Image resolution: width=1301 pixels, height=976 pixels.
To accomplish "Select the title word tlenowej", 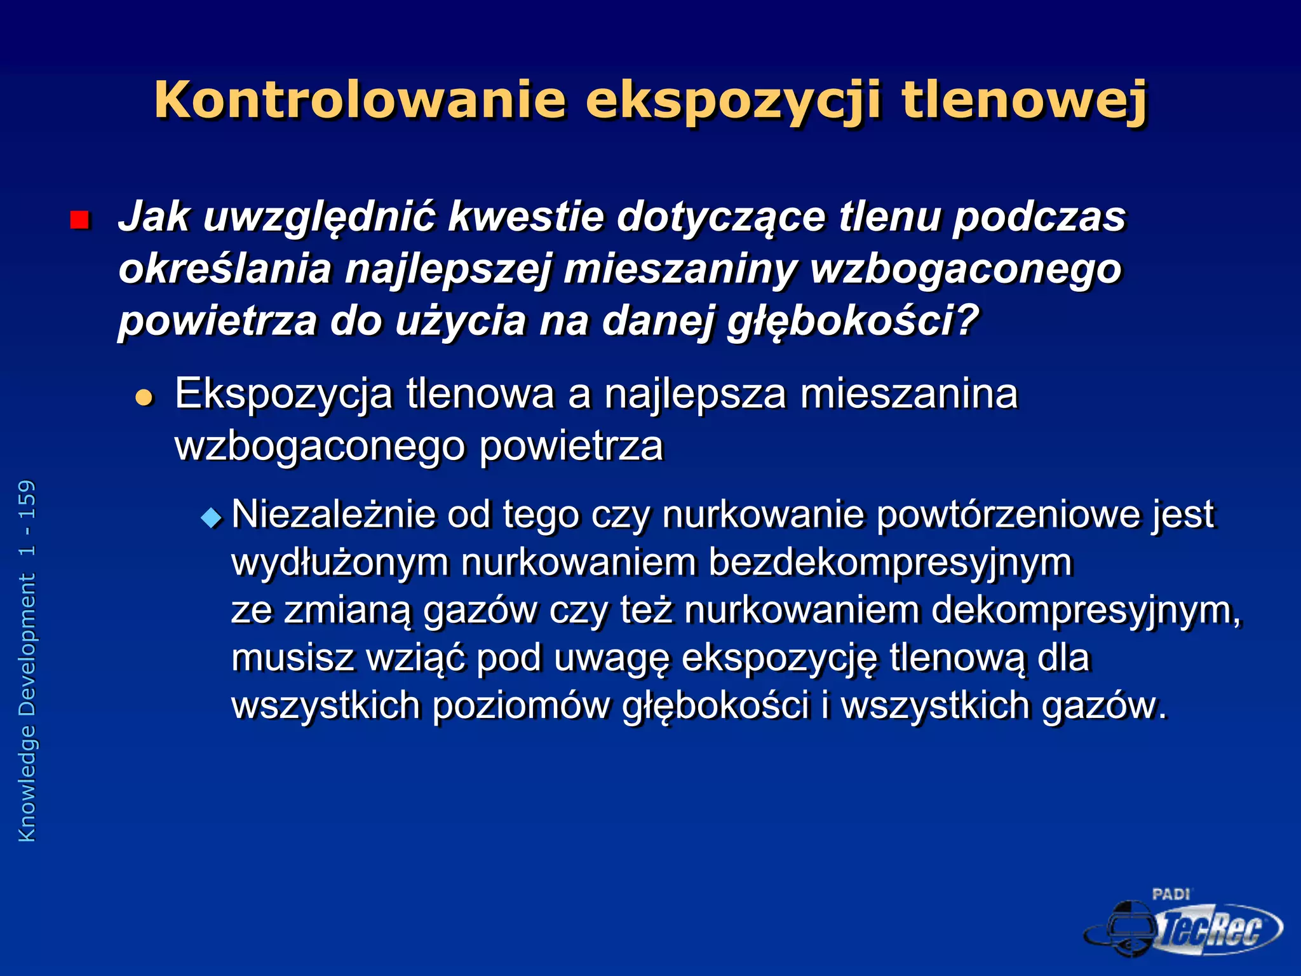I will (1024, 100).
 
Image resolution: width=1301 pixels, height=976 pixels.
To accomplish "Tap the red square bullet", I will (79, 220).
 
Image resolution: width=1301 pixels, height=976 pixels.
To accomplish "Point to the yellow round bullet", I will (145, 398).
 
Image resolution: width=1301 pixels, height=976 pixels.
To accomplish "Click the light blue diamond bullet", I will (211, 518).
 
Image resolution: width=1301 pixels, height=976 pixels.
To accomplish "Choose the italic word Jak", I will (154, 217).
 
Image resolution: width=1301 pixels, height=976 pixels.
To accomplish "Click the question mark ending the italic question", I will (965, 320).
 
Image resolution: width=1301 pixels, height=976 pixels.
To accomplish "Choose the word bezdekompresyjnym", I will (890, 562).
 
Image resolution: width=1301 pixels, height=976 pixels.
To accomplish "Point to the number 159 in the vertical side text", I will (27, 500).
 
